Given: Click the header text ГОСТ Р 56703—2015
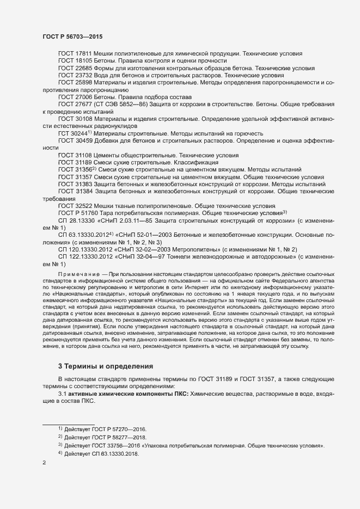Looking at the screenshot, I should pos(72,36).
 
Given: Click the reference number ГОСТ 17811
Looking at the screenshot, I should pos(76,53).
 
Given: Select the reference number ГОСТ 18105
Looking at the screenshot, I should pos(76,60).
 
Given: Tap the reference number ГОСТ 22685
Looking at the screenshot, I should pos(76,68).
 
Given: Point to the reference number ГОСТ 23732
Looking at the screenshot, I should pos(76,75).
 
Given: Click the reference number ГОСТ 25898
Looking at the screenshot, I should pos(76,83).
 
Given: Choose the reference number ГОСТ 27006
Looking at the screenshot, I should pos(76,98).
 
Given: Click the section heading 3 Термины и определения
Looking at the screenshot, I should pos(101,366).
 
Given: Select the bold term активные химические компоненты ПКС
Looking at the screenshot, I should pos(126,394).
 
